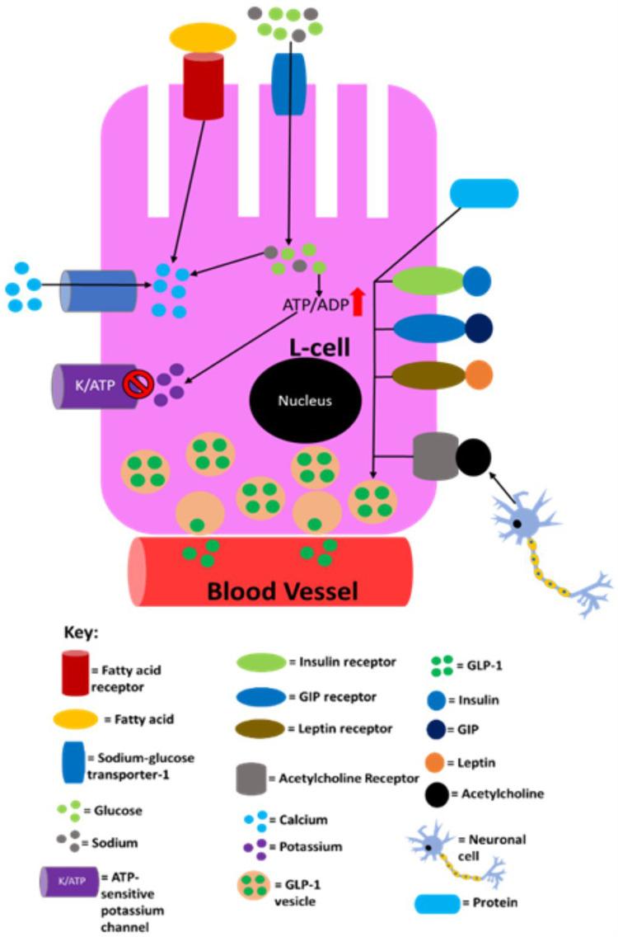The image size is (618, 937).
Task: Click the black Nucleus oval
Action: [x=304, y=400]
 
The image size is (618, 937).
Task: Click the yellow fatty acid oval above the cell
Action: [x=203, y=38]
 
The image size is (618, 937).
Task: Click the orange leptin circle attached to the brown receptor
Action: [x=478, y=374]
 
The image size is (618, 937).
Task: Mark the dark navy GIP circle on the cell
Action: [x=479, y=327]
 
